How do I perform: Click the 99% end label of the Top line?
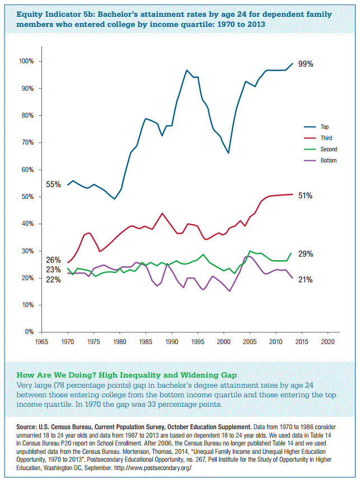pyautogui.click(x=305, y=64)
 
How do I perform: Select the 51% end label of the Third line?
pyautogui.click(x=305, y=196)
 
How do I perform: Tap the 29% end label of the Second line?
pyautogui.click(x=305, y=254)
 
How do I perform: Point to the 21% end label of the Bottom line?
pyautogui.click(x=305, y=280)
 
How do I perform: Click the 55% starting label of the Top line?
pyautogui.click(x=53, y=184)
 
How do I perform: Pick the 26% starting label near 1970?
pyautogui.click(x=53, y=260)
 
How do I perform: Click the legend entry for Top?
pyautogui.click(x=325, y=127)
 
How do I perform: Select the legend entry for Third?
pyautogui.click(x=325, y=138)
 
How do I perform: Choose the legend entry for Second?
pyautogui.click(x=328, y=150)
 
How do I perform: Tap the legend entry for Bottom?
pyautogui.click(x=328, y=161)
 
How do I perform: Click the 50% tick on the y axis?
pyautogui.click(x=27, y=197)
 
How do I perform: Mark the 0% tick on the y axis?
pyautogui.click(x=29, y=332)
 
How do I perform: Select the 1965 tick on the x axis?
pyautogui.click(x=41, y=341)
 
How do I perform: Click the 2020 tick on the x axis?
pyautogui.click(x=328, y=341)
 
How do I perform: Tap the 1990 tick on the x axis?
pyautogui.click(x=171, y=341)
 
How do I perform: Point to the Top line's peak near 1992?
pyautogui.click(x=186, y=70)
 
